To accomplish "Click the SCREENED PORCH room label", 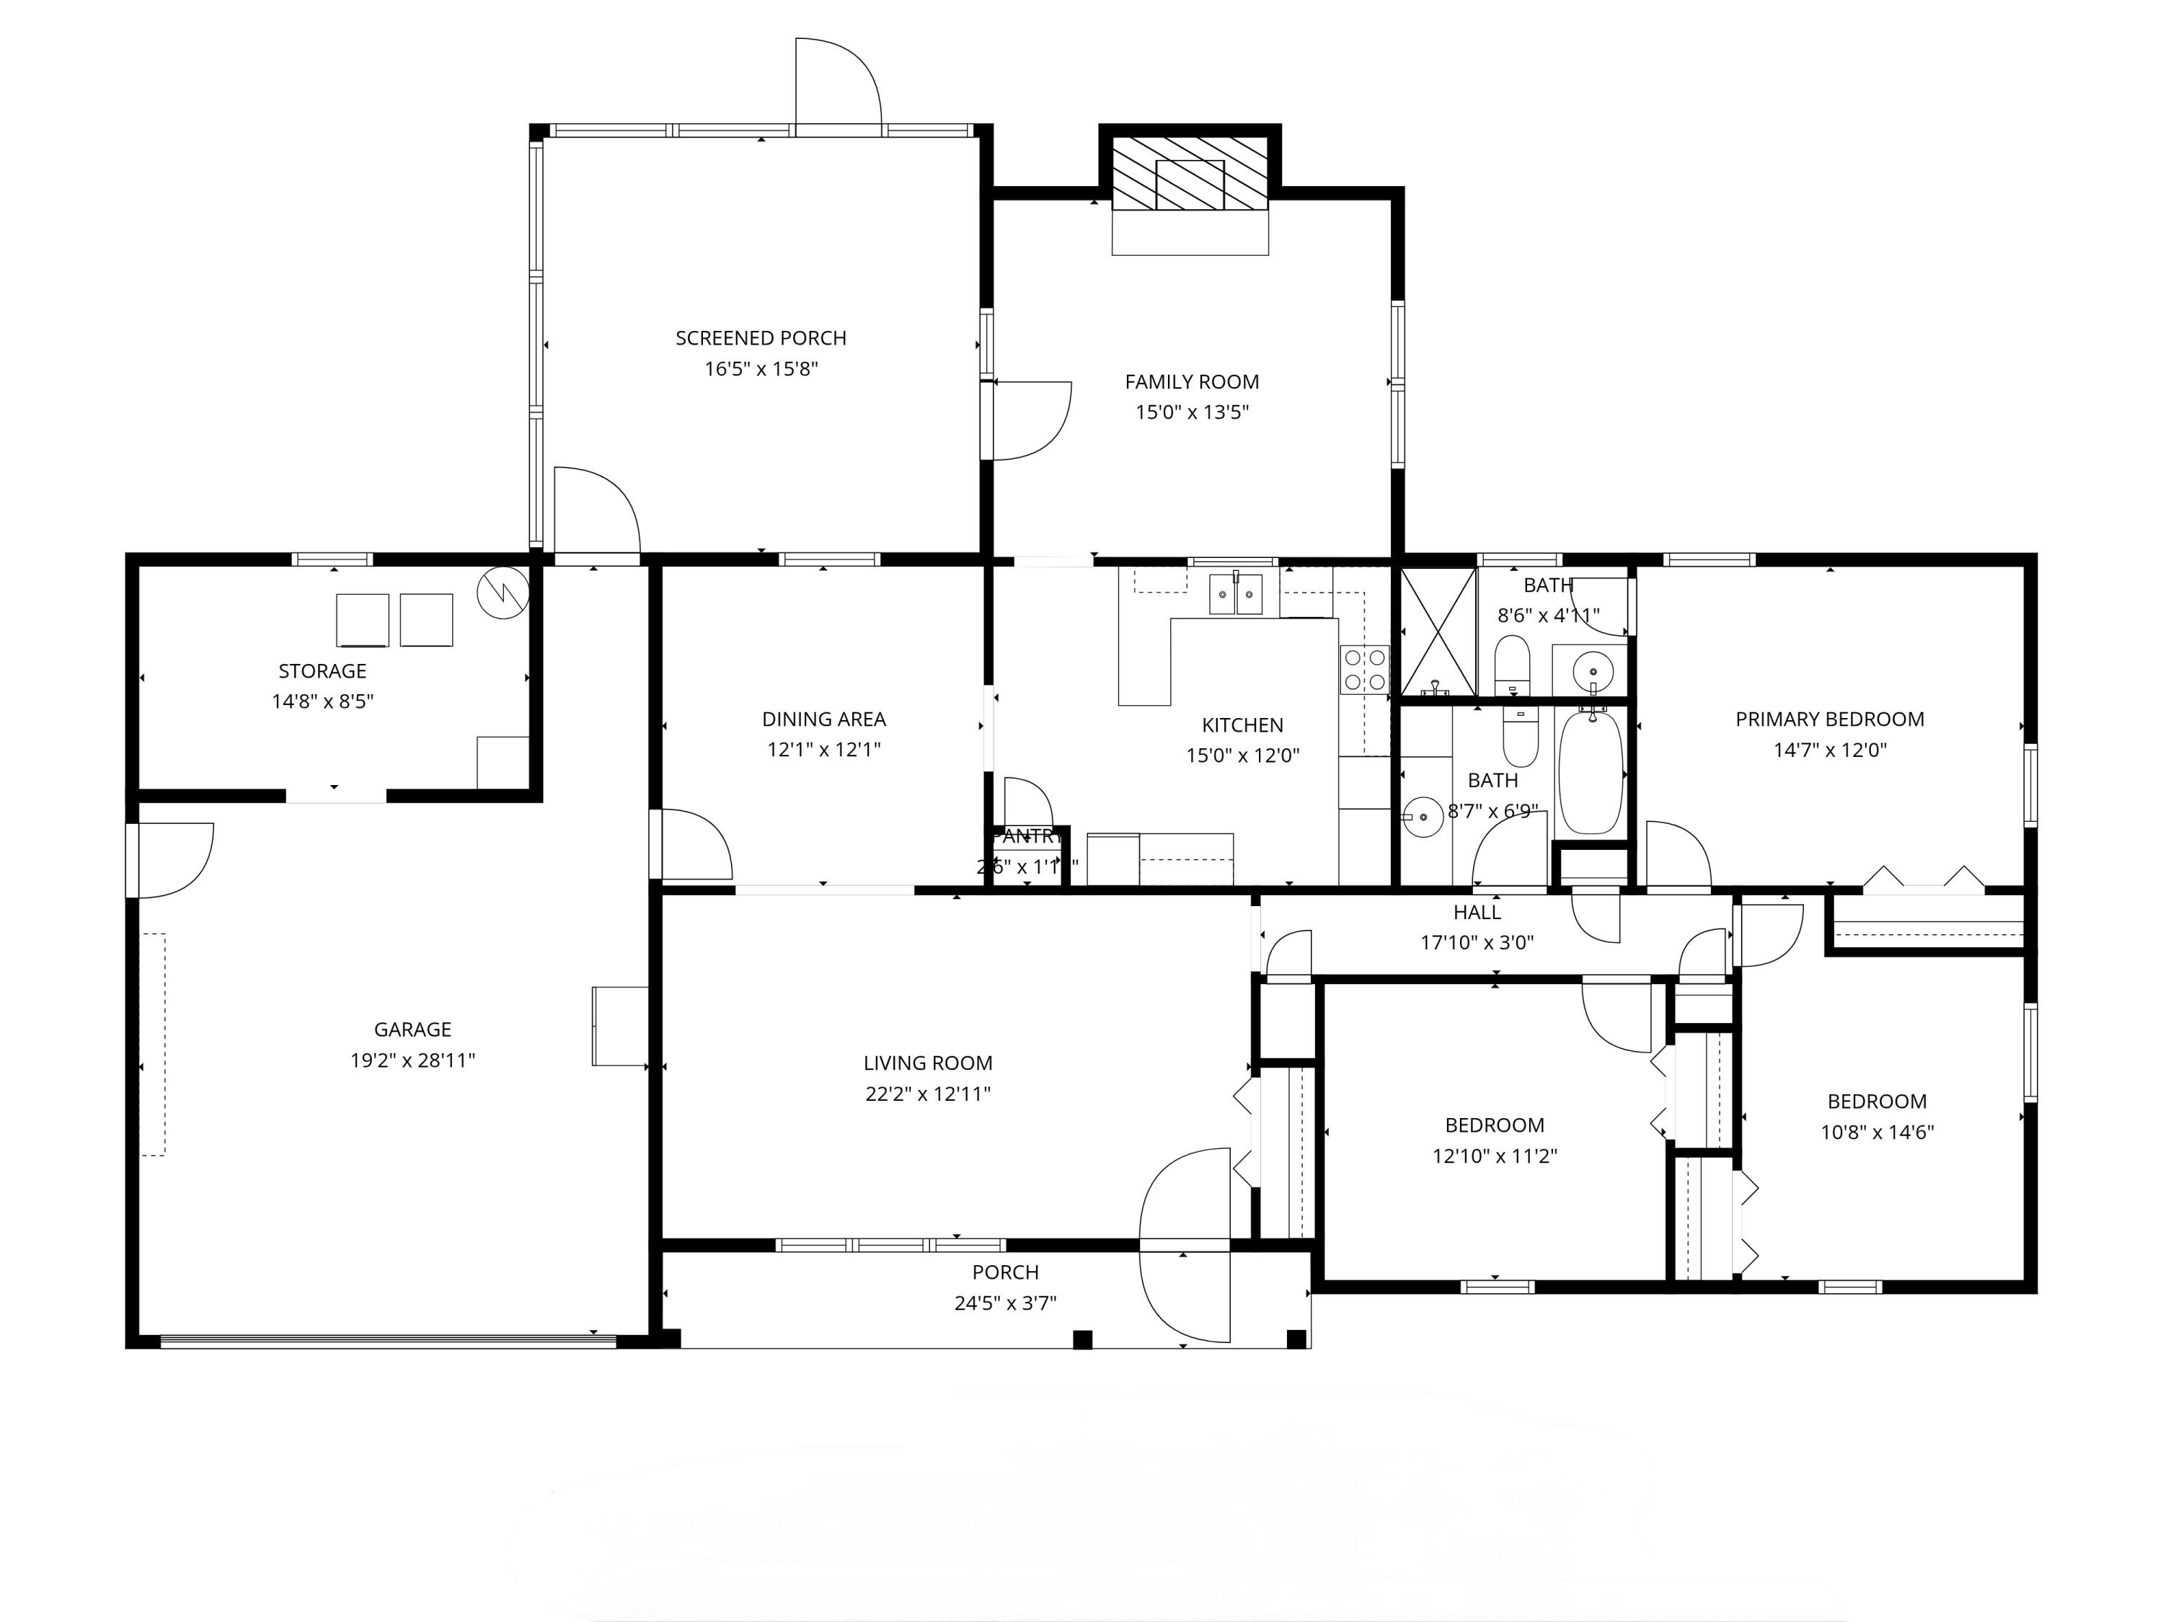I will point(761,338).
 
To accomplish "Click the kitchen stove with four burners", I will point(1364,670).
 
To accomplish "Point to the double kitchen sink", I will point(1236,595).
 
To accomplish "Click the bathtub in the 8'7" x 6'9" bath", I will point(1591,772).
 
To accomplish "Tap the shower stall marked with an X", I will point(1438,631).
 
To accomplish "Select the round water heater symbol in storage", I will point(503,593).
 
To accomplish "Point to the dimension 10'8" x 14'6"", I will point(1877,1133).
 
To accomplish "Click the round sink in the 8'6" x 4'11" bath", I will point(1593,673).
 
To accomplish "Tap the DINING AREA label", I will point(823,719).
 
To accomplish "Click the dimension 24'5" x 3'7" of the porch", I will point(1005,1303).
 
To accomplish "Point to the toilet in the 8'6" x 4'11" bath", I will point(1513,662).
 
